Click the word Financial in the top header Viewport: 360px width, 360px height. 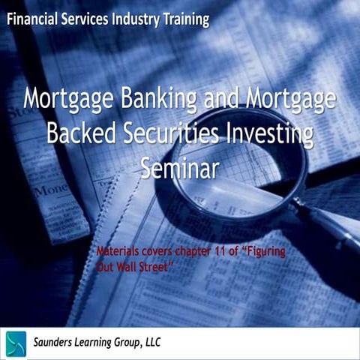(31, 19)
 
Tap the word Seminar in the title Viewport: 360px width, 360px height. (179, 166)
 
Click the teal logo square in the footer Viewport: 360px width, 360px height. (15, 343)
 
